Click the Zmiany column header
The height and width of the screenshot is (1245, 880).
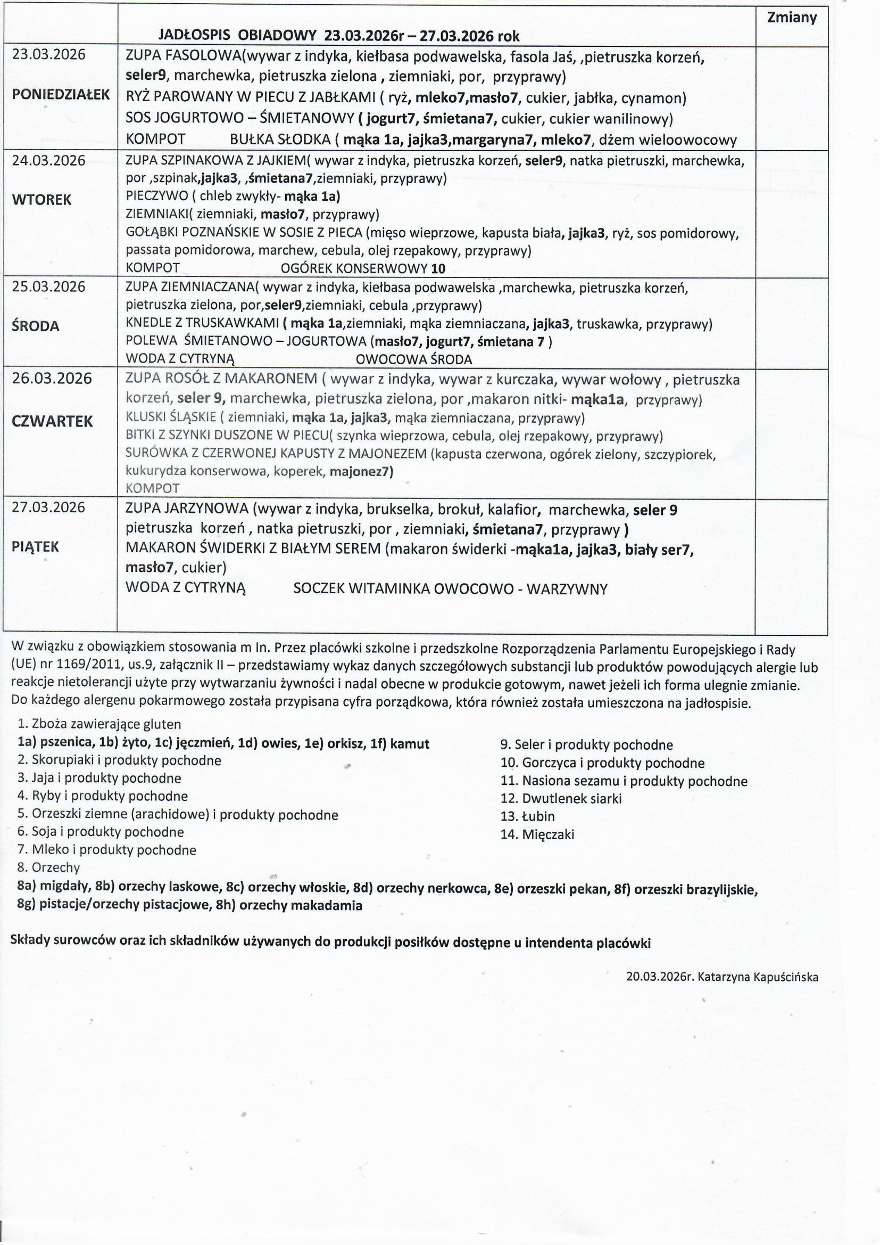(792, 18)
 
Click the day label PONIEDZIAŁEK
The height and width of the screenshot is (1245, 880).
(61, 94)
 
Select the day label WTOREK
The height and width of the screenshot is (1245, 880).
(41, 200)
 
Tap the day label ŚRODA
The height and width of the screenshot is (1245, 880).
(36, 326)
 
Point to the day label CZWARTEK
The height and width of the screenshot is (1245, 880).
(52, 421)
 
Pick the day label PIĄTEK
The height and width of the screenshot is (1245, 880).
(35, 546)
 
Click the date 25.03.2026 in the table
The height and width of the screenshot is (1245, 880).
(49, 287)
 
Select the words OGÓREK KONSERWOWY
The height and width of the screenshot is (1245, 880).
(355, 268)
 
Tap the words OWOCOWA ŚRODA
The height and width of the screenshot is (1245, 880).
(414, 359)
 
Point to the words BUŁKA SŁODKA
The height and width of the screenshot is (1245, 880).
(280, 140)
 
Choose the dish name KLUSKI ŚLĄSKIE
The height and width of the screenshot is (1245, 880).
(170, 418)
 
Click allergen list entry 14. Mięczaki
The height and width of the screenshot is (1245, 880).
(537, 834)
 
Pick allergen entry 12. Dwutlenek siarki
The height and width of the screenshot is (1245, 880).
(561, 799)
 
